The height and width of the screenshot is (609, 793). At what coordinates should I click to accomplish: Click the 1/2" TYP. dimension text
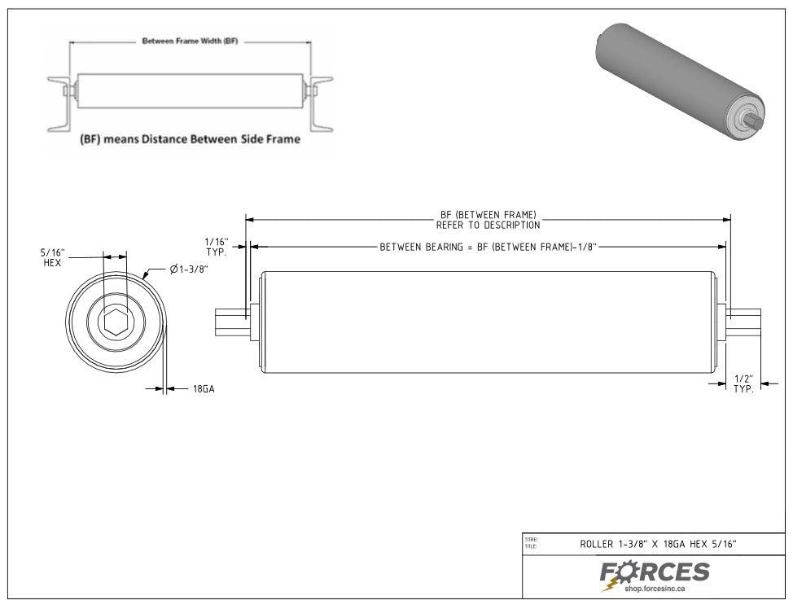coord(743,385)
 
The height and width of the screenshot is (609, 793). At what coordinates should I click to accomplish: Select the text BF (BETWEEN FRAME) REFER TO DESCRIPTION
coord(488,220)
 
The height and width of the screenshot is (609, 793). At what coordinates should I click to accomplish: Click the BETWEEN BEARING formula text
coord(489,246)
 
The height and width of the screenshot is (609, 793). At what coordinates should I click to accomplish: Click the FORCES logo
coord(655,572)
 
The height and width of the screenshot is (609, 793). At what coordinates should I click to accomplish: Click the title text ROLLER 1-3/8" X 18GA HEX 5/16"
coord(659,543)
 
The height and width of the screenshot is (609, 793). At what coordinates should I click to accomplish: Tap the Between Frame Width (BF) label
coord(190,41)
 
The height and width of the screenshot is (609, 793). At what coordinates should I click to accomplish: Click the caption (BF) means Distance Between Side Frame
coord(190,139)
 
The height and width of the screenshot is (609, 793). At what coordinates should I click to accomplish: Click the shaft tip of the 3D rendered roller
coord(757,122)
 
